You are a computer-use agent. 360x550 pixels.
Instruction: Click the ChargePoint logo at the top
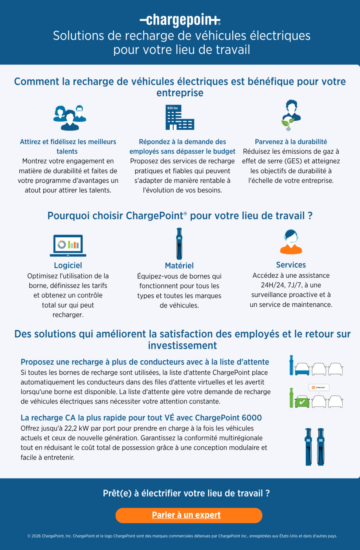click(180, 20)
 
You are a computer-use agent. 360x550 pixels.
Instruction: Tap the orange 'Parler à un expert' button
click(189, 515)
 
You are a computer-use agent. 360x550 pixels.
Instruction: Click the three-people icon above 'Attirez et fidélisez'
click(70, 117)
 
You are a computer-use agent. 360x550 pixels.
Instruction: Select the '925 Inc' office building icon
click(180, 117)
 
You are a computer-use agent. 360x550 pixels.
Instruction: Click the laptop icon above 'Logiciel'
click(68, 246)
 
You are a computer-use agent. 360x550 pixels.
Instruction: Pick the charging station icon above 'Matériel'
click(179, 244)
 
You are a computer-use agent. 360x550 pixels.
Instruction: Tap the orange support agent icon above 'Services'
click(291, 242)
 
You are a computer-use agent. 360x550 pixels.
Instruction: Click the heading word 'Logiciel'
click(68, 265)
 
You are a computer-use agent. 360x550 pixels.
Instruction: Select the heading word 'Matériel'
click(179, 266)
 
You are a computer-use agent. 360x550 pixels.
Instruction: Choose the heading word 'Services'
click(291, 265)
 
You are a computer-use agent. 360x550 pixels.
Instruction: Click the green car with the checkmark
click(302, 401)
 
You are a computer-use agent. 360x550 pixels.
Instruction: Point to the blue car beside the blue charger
click(302, 369)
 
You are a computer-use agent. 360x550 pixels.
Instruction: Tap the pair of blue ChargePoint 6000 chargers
click(314, 447)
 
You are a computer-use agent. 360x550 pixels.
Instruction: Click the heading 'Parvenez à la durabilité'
click(291, 142)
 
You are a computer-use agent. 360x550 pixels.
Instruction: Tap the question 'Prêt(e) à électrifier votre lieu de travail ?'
click(186, 493)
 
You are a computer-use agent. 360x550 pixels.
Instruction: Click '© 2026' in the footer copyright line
click(34, 536)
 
